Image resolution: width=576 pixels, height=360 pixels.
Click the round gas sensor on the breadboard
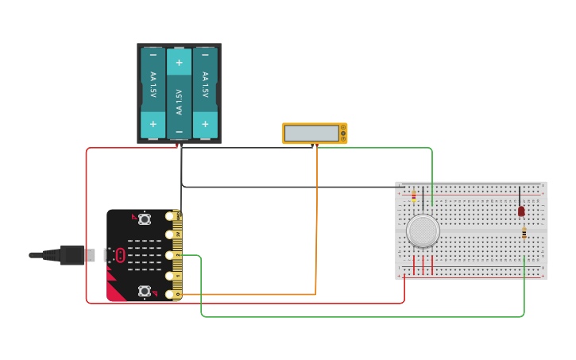[x=423, y=230]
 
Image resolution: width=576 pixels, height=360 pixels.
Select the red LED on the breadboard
[x=521, y=211]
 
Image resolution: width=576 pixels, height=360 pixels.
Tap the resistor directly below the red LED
[x=524, y=232]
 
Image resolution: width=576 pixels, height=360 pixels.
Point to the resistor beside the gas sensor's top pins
[x=413, y=196]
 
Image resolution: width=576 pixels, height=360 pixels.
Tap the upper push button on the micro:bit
[x=145, y=219]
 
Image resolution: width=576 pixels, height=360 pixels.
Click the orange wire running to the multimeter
[x=316, y=223]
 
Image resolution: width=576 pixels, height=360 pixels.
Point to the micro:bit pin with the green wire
[x=170, y=255]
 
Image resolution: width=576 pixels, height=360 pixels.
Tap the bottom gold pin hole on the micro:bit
[x=170, y=295]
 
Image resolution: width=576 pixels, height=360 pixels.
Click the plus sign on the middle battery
[x=179, y=62]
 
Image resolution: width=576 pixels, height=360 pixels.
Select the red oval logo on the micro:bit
[x=120, y=255]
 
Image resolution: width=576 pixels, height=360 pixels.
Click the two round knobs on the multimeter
[x=342, y=134]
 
